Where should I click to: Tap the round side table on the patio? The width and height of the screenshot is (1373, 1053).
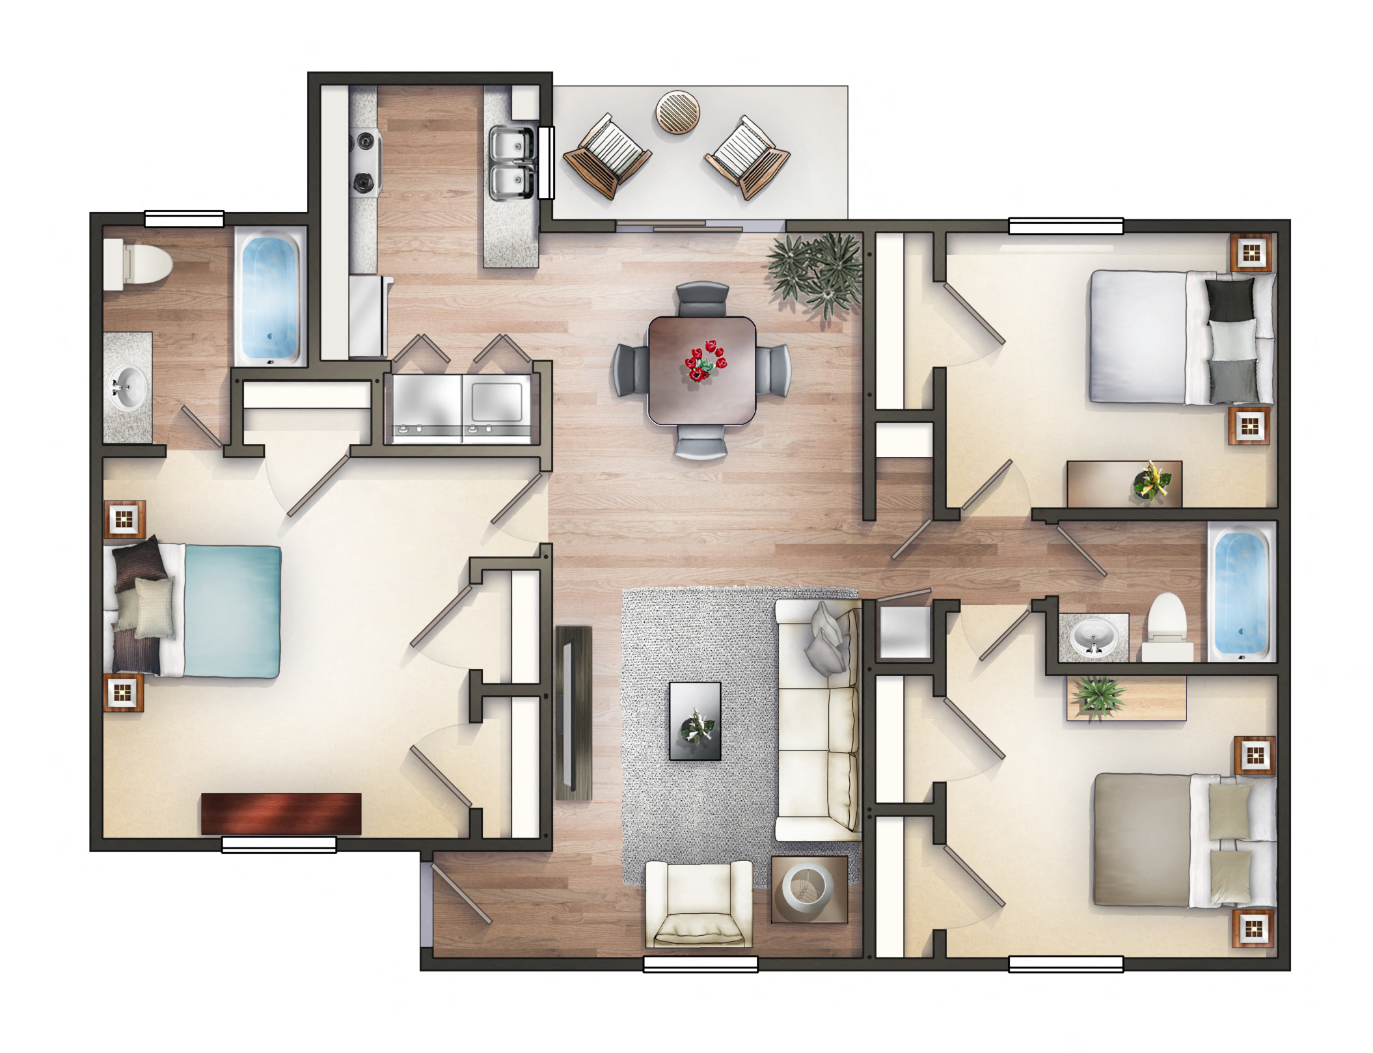pyautogui.click(x=677, y=112)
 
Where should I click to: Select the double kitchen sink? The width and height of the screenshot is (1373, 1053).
pyautogui.click(x=511, y=163)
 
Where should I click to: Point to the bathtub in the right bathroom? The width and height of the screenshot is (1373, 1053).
pyautogui.click(x=1240, y=592)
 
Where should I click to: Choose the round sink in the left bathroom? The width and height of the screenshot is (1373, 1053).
pyautogui.click(x=128, y=388)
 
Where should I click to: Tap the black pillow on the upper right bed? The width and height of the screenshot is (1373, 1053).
pyautogui.click(x=1229, y=300)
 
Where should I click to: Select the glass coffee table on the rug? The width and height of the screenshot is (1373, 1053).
pyautogui.click(x=695, y=720)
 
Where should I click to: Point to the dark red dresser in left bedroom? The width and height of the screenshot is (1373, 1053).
pyautogui.click(x=280, y=813)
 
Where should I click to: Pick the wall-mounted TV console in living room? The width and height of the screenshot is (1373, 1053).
pyautogui.click(x=573, y=713)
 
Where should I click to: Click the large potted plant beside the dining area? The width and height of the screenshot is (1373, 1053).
pyautogui.click(x=817, y=271)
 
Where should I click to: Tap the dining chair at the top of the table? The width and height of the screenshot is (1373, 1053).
pyautogui.click(x=702, y=300)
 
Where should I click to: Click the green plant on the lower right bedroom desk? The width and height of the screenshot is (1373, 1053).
pyautogui.click(x=1098, y=695)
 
